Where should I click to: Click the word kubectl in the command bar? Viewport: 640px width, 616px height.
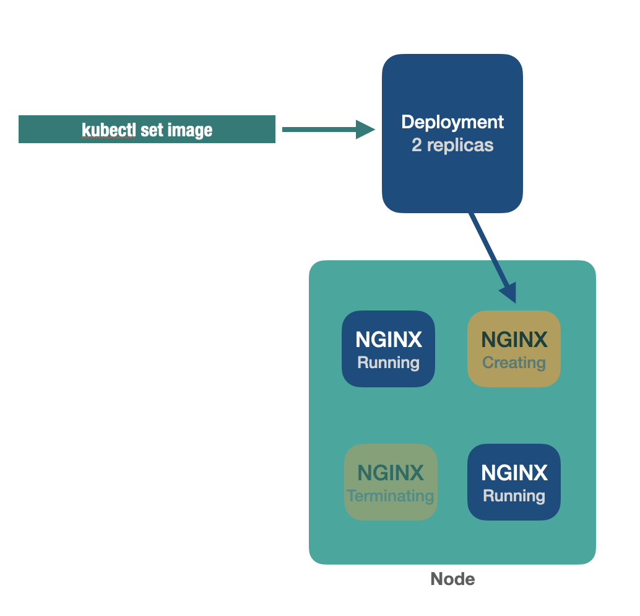coord(108,130)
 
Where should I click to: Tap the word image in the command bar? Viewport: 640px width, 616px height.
coord(189,130)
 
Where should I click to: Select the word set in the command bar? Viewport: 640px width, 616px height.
coord(152,130)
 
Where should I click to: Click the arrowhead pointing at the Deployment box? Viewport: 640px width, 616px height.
coord(366,130)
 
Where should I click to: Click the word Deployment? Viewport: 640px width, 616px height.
coord(452,122)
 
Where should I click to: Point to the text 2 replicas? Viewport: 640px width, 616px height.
coord(452,146)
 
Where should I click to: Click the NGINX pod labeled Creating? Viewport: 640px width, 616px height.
coord(514,349)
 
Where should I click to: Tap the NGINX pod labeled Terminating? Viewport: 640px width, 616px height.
coord(391,482)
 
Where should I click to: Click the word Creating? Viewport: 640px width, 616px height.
coord(514,363)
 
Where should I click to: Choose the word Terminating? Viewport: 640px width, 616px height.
coord(391,496)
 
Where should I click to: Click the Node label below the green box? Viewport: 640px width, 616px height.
coord(452,579)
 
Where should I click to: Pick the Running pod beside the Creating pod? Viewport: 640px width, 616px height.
coord(388,349)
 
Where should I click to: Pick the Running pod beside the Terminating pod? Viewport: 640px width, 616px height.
coord(514,482)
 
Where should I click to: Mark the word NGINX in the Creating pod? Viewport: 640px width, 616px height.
coord(514,340)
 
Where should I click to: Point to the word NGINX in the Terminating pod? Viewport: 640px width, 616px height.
coord(391,473)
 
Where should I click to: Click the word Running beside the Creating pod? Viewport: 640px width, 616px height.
coord(389,363)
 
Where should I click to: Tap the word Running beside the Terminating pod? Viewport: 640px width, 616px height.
coord(514,496)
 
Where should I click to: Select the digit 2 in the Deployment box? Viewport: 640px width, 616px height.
coord(417,146)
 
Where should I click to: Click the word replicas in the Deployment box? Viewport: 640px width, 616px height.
coord(461,146)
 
